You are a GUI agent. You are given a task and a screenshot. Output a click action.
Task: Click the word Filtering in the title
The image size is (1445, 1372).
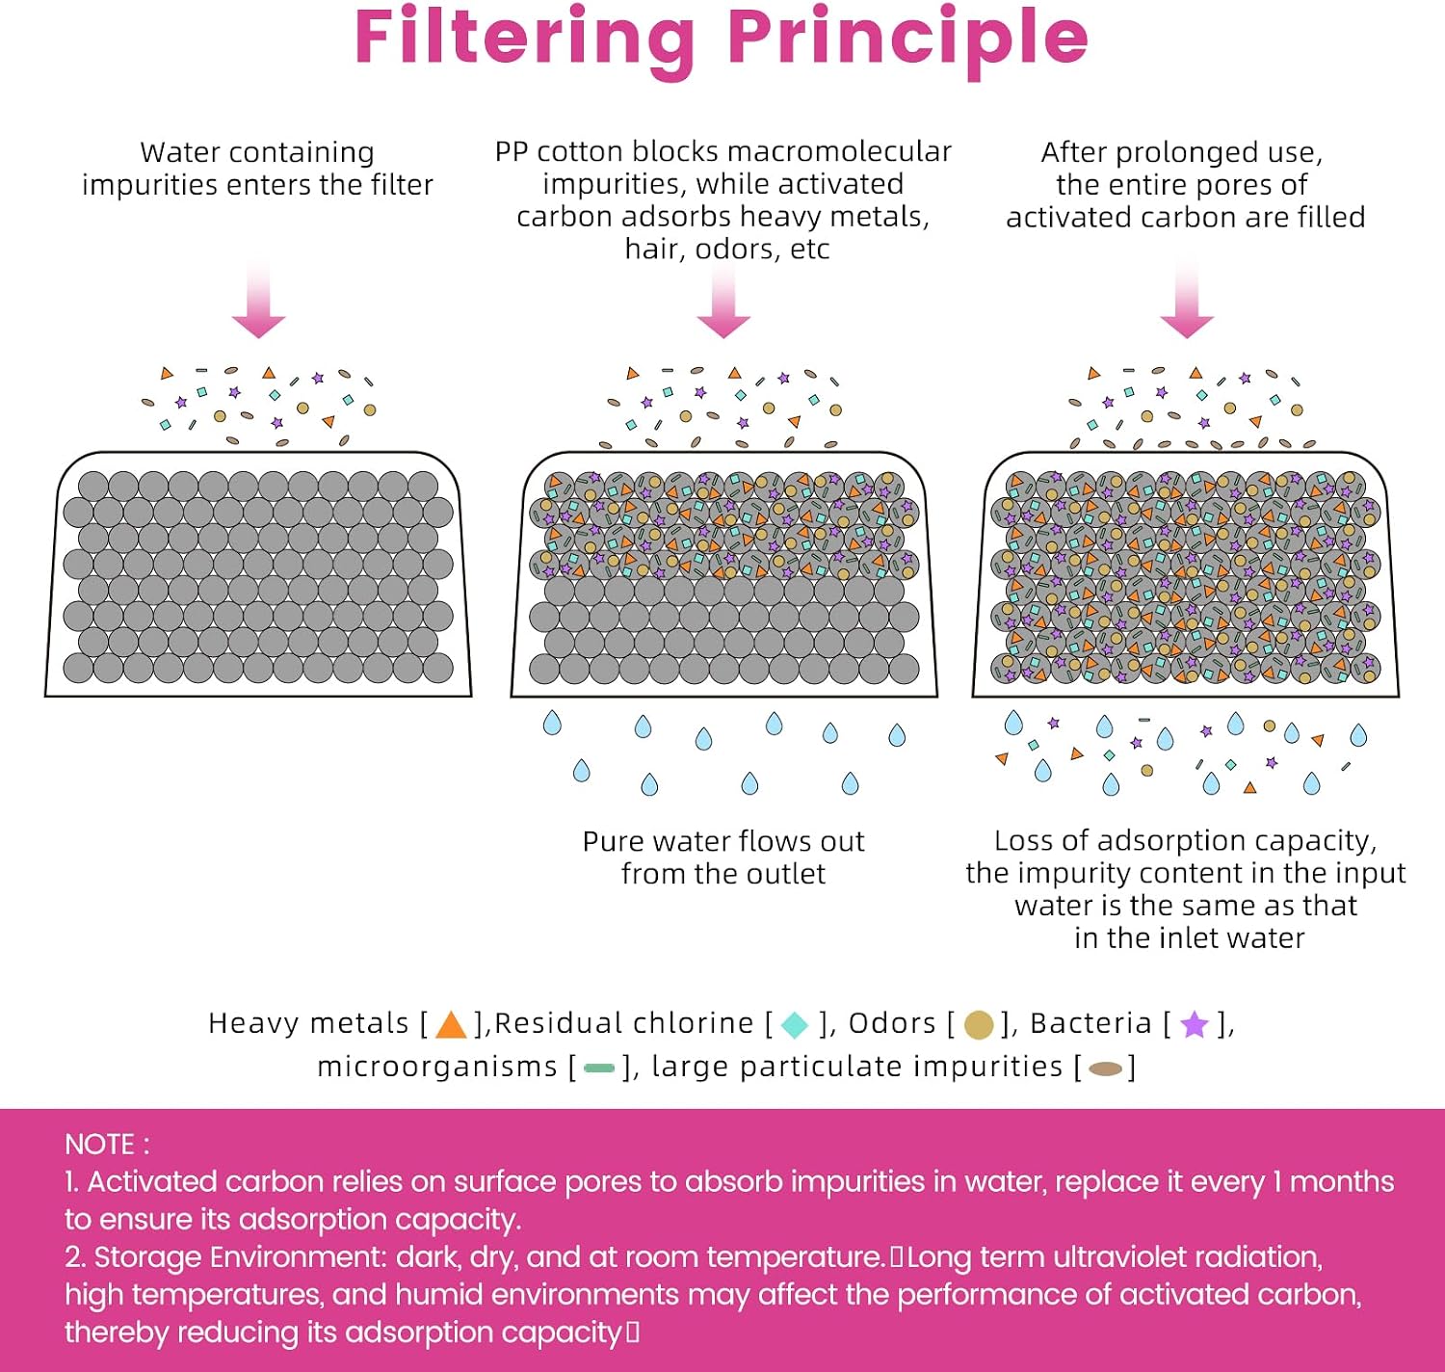525,40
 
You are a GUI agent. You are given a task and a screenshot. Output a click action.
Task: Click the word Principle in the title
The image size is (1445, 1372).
908,40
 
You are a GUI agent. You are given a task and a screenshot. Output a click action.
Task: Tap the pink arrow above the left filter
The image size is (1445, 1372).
259,300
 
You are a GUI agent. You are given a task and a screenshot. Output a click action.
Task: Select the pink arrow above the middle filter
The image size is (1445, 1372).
724,300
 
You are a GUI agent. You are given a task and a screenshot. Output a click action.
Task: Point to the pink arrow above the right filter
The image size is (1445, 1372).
1187,300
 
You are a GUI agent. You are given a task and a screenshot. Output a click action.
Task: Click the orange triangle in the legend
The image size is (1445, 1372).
451,1025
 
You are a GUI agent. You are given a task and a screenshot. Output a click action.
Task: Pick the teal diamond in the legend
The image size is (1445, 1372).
794,1025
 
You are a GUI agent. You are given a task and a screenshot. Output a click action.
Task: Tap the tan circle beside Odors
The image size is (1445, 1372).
979,1025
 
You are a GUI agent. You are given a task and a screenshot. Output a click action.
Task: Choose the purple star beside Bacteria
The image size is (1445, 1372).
1195,1024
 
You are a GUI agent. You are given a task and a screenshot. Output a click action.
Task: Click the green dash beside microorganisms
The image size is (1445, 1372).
599,1069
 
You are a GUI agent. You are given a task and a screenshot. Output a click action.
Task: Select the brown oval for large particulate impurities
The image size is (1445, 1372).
1106,1069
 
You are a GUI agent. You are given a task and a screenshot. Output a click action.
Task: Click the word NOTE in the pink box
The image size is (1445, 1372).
100,1145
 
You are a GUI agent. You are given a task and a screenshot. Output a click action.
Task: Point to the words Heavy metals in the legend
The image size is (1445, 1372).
308,1023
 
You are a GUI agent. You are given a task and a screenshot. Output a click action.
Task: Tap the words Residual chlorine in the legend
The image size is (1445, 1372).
624,1023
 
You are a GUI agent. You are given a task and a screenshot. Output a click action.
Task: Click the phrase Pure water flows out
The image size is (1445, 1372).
723,841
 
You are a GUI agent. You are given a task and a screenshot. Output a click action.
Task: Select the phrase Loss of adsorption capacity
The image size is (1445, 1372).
1186,841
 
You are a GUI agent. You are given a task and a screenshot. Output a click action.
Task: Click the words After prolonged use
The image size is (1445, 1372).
1182,153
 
